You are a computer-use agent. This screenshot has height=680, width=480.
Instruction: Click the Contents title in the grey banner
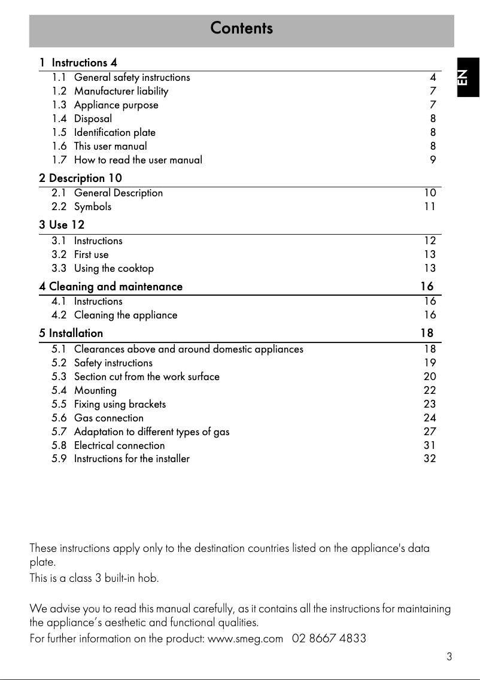tap(241, 28)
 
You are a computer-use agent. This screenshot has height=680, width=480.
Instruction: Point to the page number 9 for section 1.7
tap(433, 160)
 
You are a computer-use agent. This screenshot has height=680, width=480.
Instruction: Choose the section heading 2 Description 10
tap(80, 178)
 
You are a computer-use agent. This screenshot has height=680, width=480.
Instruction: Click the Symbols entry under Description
tap(92, 207)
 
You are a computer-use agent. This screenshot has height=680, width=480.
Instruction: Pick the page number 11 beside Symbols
tap(430, 207)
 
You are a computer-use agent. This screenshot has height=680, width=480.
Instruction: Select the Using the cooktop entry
tap(114, 268)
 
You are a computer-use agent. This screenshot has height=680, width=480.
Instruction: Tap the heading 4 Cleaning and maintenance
tap(111, 287)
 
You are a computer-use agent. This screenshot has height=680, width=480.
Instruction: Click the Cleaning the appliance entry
tap(126, 315)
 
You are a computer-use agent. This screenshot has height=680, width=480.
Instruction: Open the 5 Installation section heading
tap(71, 333)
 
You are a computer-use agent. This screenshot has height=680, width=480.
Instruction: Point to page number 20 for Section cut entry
tap(430, 377)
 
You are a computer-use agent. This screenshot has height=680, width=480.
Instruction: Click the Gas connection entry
tap(108, 418)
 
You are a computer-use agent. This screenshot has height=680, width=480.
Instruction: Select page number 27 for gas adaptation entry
tap(430, 432)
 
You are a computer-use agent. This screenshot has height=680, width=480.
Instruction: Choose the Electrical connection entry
tap(119, 445)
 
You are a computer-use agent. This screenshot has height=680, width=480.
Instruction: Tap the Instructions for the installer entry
tap(132, 459)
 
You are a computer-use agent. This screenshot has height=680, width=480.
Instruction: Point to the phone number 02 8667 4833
tap(329, 639)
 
